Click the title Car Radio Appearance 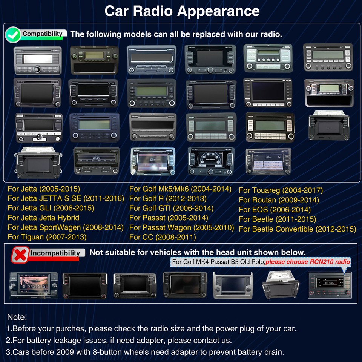tap(182, 11)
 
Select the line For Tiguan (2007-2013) tap(47, 237)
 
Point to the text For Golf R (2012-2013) tap(168, 198)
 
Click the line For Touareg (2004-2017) tap(281, 190)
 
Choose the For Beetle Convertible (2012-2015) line tap(297, 229)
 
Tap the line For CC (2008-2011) tap(163, 237)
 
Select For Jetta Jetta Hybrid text tap(43, 218)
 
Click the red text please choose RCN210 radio tap(308, 262)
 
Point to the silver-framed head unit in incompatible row tap(232, 285)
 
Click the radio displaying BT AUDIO tap(330, 285)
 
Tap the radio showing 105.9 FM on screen tap(96, 161)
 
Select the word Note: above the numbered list tap(17, 317)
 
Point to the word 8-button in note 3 tap(110, 353)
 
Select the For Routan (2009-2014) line tap(279, 200)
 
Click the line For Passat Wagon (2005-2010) tap(181, 227)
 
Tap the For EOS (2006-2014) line tap(275, 210)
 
